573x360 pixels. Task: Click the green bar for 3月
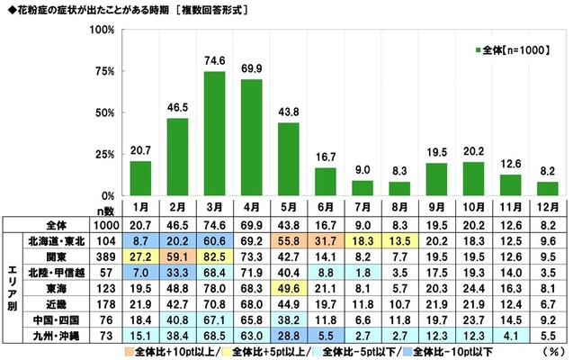(x=214, y=133)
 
